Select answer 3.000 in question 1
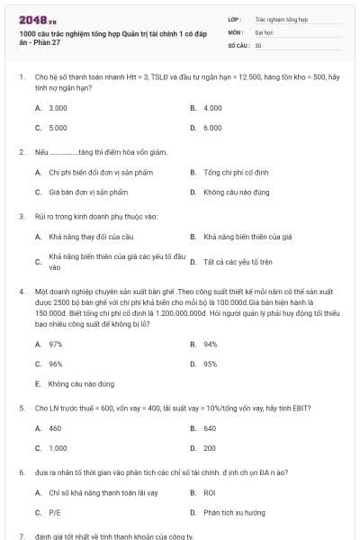[x=58, y=107]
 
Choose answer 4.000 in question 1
[x=212, y=107]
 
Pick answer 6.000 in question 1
[x=212, y=128]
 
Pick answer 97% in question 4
[x=55, y=344]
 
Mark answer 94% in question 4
[x=210, y=344]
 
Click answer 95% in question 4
[x=210, y=364]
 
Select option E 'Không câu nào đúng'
[x=78, y=383]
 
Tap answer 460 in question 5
[x=55, y=427]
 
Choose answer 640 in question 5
[x=210, y=427]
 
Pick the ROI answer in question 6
[x=210, y=492]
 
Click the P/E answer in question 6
[x=55, y=512]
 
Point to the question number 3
[x=21, y=216]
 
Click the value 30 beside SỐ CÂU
[x=258, y=44]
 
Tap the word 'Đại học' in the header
[x=263, y=31]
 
